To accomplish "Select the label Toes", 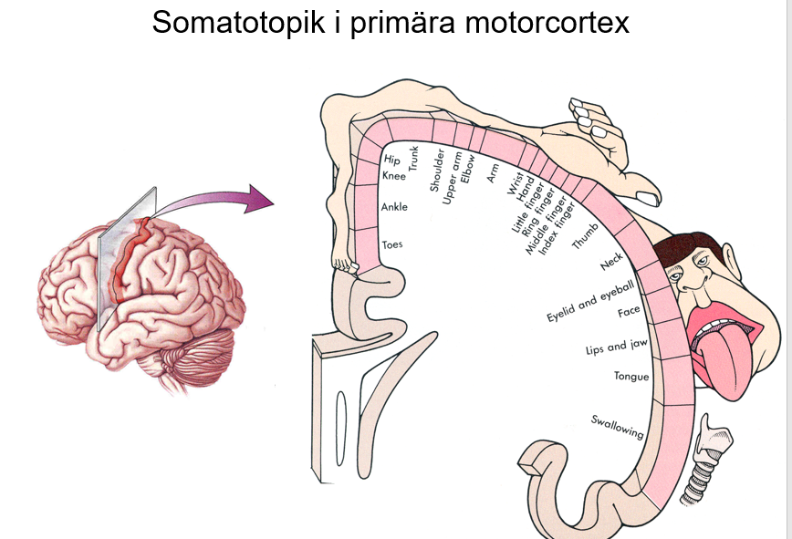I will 392,244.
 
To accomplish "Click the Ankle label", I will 394,207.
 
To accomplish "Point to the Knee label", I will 394,175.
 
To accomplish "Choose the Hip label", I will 391,161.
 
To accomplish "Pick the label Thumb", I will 584,235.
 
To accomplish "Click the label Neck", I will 610,263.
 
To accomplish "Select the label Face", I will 629,312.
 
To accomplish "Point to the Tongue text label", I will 631,376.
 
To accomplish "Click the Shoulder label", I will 437,169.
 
